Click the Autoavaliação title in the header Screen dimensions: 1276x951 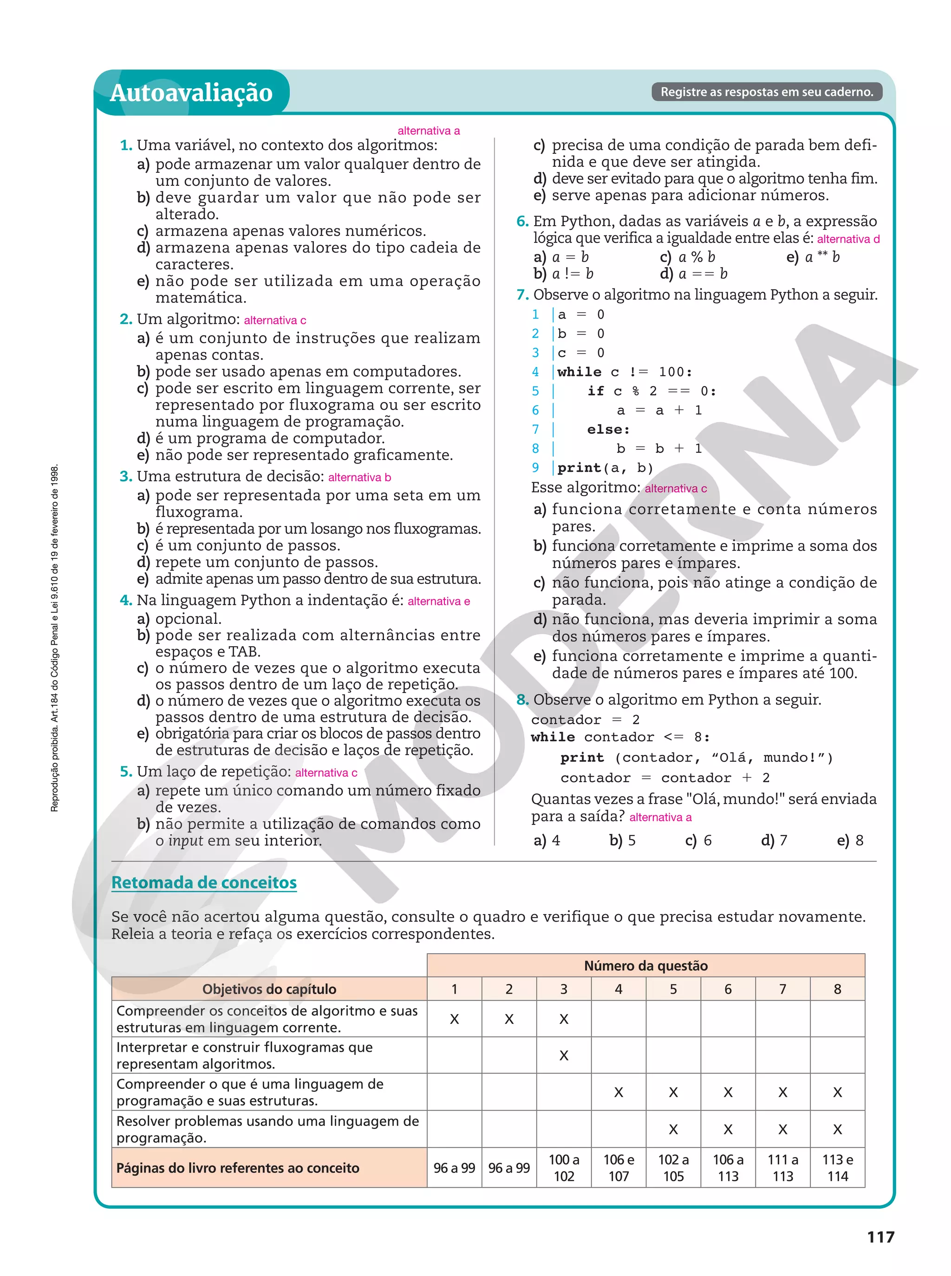pyautogui.click(x=191, y=93)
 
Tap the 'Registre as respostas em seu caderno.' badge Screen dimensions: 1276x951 pyautogui.click(x=766, y=92)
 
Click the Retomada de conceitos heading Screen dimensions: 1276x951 pyautogui.click(x=204, y=883)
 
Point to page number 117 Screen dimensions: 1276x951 pyautogui.click(x=880, y=1237)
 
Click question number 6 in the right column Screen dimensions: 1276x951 pyautogui.click(x=522, y=221)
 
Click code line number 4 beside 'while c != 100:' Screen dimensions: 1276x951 pyautogui.click(x=535, y=372)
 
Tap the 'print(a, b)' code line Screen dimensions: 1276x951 pyautogui.click(x=605, y=468)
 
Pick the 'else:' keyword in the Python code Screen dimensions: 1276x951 pyautogui.click(x=608, y=430)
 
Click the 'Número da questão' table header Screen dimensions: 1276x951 pyautogui.click(x=645, y=966)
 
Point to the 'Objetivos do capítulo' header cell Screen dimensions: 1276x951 pyautogui.click(x=269, y=989)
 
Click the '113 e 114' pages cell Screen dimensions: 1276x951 pyautogui.click(x=837, y=1168)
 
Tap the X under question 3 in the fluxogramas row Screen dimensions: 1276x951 pyautogui.click(x=564, y=1055)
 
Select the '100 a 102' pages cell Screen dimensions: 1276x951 pyautogui.click(x=564, y=1168)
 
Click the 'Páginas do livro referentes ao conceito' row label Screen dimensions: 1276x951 pyautogui.click(x=238, y=1168)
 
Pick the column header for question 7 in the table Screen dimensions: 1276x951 pyautogui.click(x=782, y=989)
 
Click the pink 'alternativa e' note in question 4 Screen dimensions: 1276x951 pyautogui.click(x=439, y=601)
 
